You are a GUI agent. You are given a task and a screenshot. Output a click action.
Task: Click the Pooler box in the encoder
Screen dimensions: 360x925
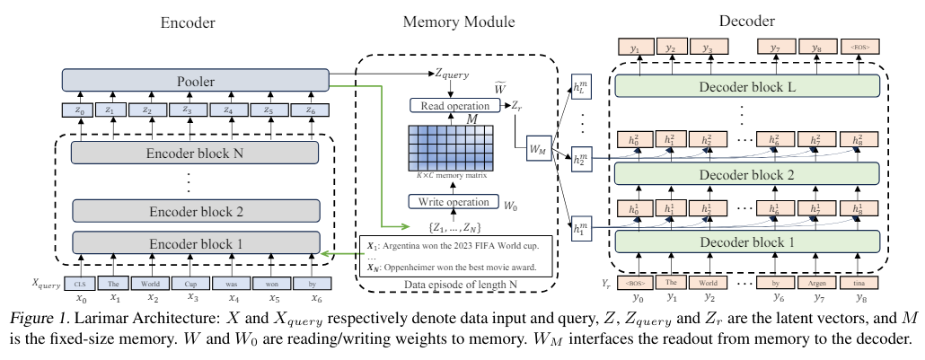tap(195, 82)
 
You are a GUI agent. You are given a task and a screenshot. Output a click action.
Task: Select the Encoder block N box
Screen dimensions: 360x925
tap(195, 153)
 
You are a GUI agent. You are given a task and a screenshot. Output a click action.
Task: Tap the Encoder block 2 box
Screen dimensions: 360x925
tap(195, 211)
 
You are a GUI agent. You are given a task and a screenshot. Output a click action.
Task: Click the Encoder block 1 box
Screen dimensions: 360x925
tap(195, 241)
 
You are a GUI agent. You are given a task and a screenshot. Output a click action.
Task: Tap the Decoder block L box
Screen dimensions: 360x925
tap(744, 85)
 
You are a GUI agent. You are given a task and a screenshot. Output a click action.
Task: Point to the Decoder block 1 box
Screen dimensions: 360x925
tap(744, 242)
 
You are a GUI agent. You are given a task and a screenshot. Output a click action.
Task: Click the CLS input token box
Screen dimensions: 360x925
tap(81, 282)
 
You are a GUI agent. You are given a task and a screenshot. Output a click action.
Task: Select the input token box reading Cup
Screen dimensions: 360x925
tap(192, 282)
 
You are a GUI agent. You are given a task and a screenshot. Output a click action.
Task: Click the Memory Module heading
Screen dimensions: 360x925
tap(446, 20)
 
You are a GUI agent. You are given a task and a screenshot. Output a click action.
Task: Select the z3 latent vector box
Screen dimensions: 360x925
tap(187, 110)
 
